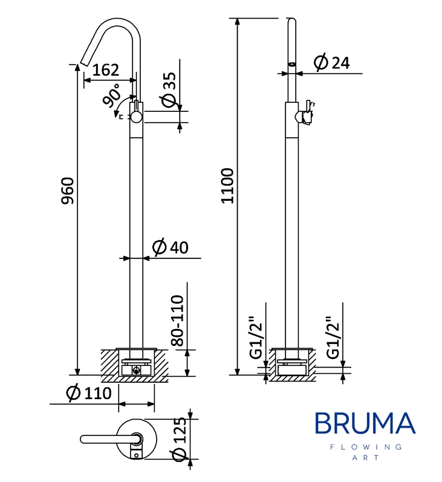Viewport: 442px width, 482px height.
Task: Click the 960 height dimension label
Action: (68, 192)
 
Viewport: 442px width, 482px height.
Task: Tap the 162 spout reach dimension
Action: (106, 70)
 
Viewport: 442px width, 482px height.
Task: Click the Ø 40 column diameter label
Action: (170, 247)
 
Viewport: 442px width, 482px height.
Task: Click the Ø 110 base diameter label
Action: (88, 394)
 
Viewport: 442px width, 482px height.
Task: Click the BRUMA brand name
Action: (365, 423)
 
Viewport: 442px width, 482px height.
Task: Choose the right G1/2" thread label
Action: (332, 339)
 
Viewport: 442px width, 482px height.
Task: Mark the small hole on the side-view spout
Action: (291, 63)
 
